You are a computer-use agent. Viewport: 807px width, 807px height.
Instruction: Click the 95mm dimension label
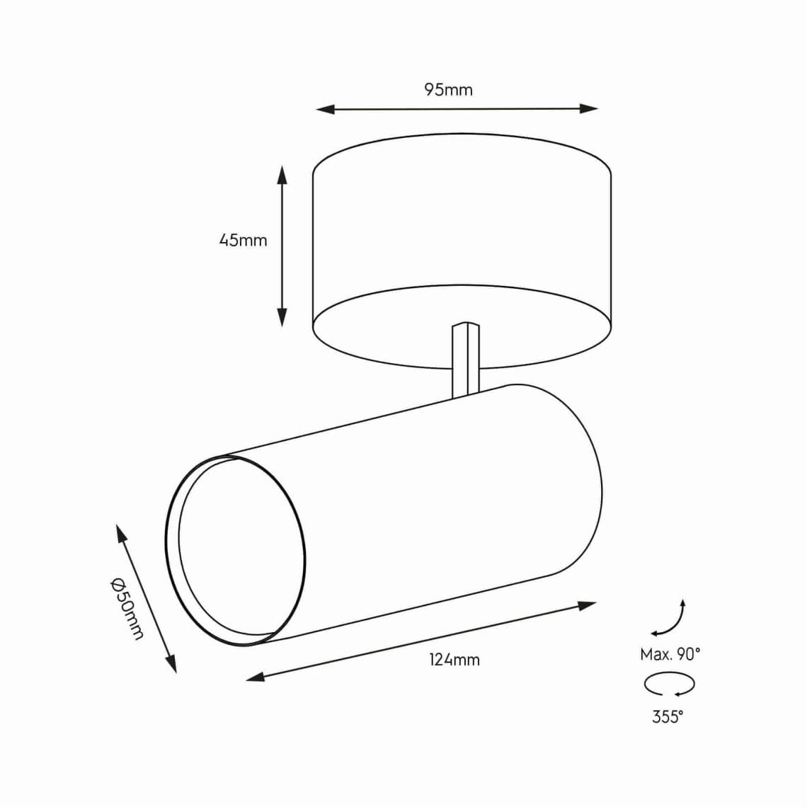[448, 90]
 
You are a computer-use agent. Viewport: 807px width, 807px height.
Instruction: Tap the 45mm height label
[243, 240]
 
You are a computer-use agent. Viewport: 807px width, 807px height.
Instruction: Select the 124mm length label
[454, 660]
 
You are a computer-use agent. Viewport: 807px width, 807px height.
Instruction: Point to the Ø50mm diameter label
[128, 608]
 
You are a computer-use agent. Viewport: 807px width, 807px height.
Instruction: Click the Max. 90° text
[670, 654]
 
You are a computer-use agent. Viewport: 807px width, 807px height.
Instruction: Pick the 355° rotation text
[668, 717]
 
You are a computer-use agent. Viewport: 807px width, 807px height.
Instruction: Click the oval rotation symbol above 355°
[669, 685]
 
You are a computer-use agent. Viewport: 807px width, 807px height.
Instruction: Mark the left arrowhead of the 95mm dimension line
[324, 110]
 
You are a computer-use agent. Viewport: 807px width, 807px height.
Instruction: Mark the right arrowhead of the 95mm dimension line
[590, 108]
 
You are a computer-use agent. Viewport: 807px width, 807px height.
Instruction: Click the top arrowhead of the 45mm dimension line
[282, 174]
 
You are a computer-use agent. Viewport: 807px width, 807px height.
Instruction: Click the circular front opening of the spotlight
[241, 551]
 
